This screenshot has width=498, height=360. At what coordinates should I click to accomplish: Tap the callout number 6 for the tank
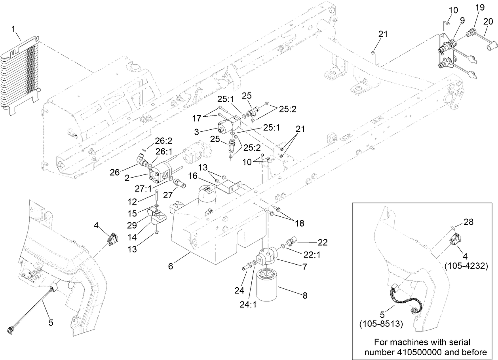click(171, 267)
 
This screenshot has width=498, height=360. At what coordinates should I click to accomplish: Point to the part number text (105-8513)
click(381, 324)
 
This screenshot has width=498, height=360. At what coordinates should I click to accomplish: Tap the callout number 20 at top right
click(488, 21)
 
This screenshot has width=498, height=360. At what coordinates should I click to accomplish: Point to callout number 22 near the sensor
click(323, 242)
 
